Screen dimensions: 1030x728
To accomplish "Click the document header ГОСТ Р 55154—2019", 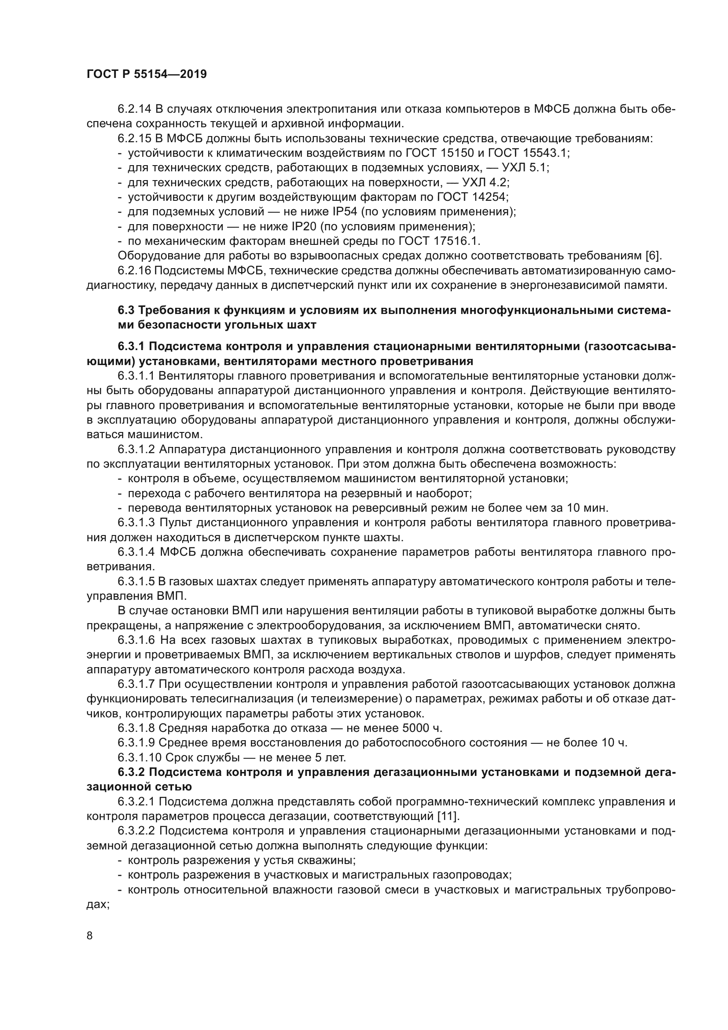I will coord(147,74).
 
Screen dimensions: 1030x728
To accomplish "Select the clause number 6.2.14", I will coord(135,109).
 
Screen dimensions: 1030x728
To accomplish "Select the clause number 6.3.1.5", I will coord(136,582).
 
